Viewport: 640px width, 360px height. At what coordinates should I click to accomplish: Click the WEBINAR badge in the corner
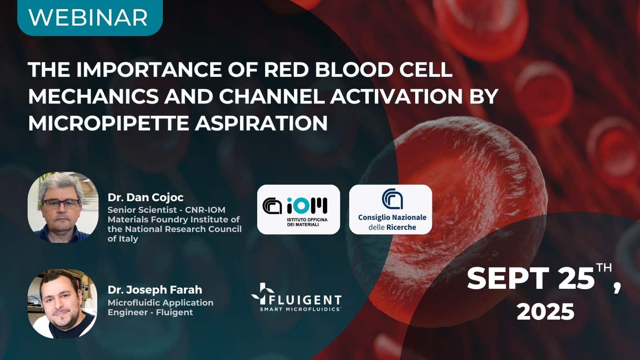pyautogui.click(x=89, y=17)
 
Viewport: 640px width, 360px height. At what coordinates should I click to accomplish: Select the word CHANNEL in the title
pyautogui.click(x=272, y=96)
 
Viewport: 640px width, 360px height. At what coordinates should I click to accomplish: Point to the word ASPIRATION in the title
pyautogui.click(x=261, y=123)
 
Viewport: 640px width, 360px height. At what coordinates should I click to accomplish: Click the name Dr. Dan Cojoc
pyautogui.click(x=146, y=197)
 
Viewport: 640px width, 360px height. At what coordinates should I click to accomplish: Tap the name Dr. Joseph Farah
pyautogui.click(x=155, y=290)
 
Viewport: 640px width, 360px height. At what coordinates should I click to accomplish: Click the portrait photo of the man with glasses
pyautogui.click(x=63, y=207)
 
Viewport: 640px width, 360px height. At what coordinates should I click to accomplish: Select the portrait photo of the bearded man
pyautogui.click(x=62, y=303)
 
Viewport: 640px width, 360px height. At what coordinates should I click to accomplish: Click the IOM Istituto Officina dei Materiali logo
pyautogui.click(x=298, y=209)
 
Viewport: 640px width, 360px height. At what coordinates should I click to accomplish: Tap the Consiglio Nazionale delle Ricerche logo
pyautogui.click(x=391, y=209)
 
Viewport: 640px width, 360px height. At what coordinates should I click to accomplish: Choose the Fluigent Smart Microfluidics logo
pyautogui.click(x=296, y=298)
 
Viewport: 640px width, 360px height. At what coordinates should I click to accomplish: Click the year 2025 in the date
pyautogui.click(x=545, y=311)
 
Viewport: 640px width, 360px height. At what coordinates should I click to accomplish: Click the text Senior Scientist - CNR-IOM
pyautogui.click(x=166, y=210)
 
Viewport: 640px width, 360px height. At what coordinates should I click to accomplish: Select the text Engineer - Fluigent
pyautogui.click(x=150, y=312)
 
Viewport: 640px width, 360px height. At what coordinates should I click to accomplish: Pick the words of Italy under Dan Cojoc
pyautogui.click(x=123, y=239)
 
